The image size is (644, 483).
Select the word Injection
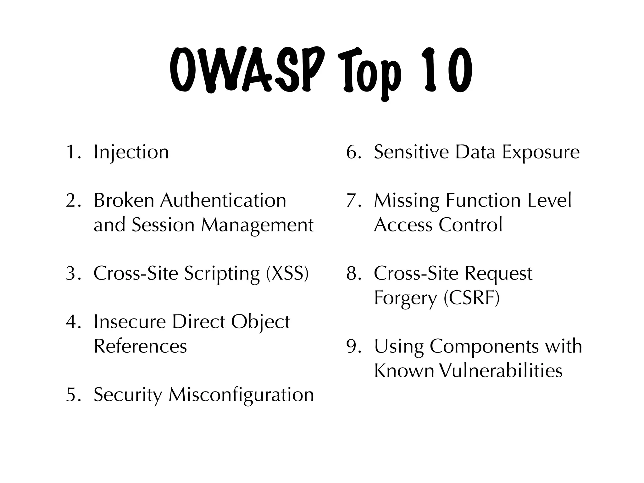(131, 152)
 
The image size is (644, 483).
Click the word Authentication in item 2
(223, 201)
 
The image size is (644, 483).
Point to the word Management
(257, 225)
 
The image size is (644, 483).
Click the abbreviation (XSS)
(287, 273)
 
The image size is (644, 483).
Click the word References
(140, 346)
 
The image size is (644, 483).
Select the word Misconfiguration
(241, 395)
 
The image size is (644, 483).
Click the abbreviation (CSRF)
(471, 298)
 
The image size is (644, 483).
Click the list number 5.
(72, 395)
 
